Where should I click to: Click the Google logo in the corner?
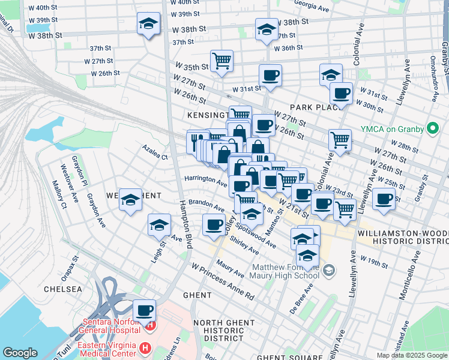point(20,353)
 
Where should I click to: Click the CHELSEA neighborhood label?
point(62,289)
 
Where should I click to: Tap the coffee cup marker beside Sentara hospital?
point(144,311)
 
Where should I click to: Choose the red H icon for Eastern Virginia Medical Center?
point(145,347)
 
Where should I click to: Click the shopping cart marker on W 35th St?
point(222,61)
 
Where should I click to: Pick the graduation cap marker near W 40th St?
point(148,24)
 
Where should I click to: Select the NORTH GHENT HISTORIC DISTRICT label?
point(229,330)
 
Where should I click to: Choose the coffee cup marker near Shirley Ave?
point(213,226)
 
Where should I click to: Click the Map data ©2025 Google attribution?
point(411,355)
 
